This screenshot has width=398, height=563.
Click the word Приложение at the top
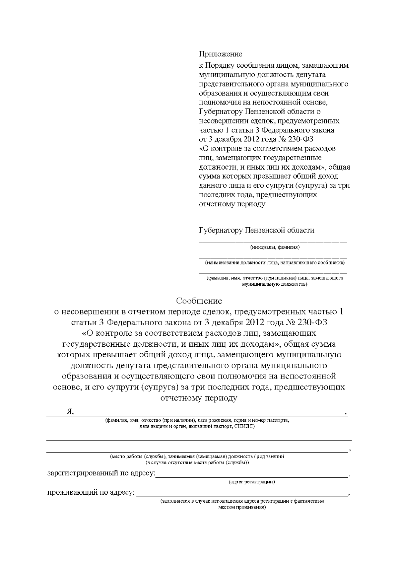(x=221, y=54)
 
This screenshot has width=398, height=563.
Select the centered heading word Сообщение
(x=199, y=301)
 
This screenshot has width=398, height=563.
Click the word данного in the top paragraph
(x=212, y=185)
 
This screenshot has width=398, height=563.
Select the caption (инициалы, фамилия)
(x=275, y=247)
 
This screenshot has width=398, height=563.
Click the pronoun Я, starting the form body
(x=70, y=412)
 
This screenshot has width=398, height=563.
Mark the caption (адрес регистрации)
(x=252, y=482)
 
